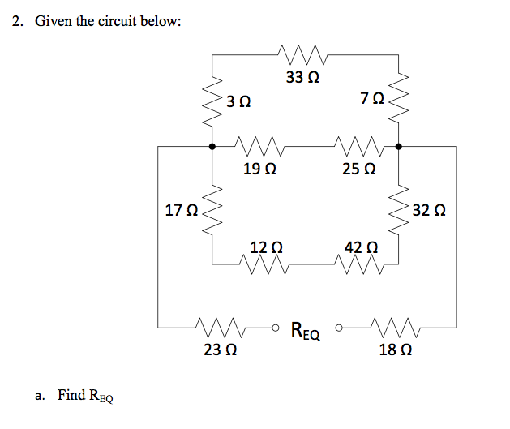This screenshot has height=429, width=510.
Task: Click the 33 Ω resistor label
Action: coord(302,78)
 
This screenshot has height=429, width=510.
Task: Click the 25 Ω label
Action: coord(359,169)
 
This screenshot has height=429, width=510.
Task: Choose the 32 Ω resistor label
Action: coord(429,212)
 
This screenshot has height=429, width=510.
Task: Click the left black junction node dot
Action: coord(212,147)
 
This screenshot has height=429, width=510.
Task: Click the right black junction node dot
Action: coord(399,147)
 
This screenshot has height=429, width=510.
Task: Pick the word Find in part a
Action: coord(71,395)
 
